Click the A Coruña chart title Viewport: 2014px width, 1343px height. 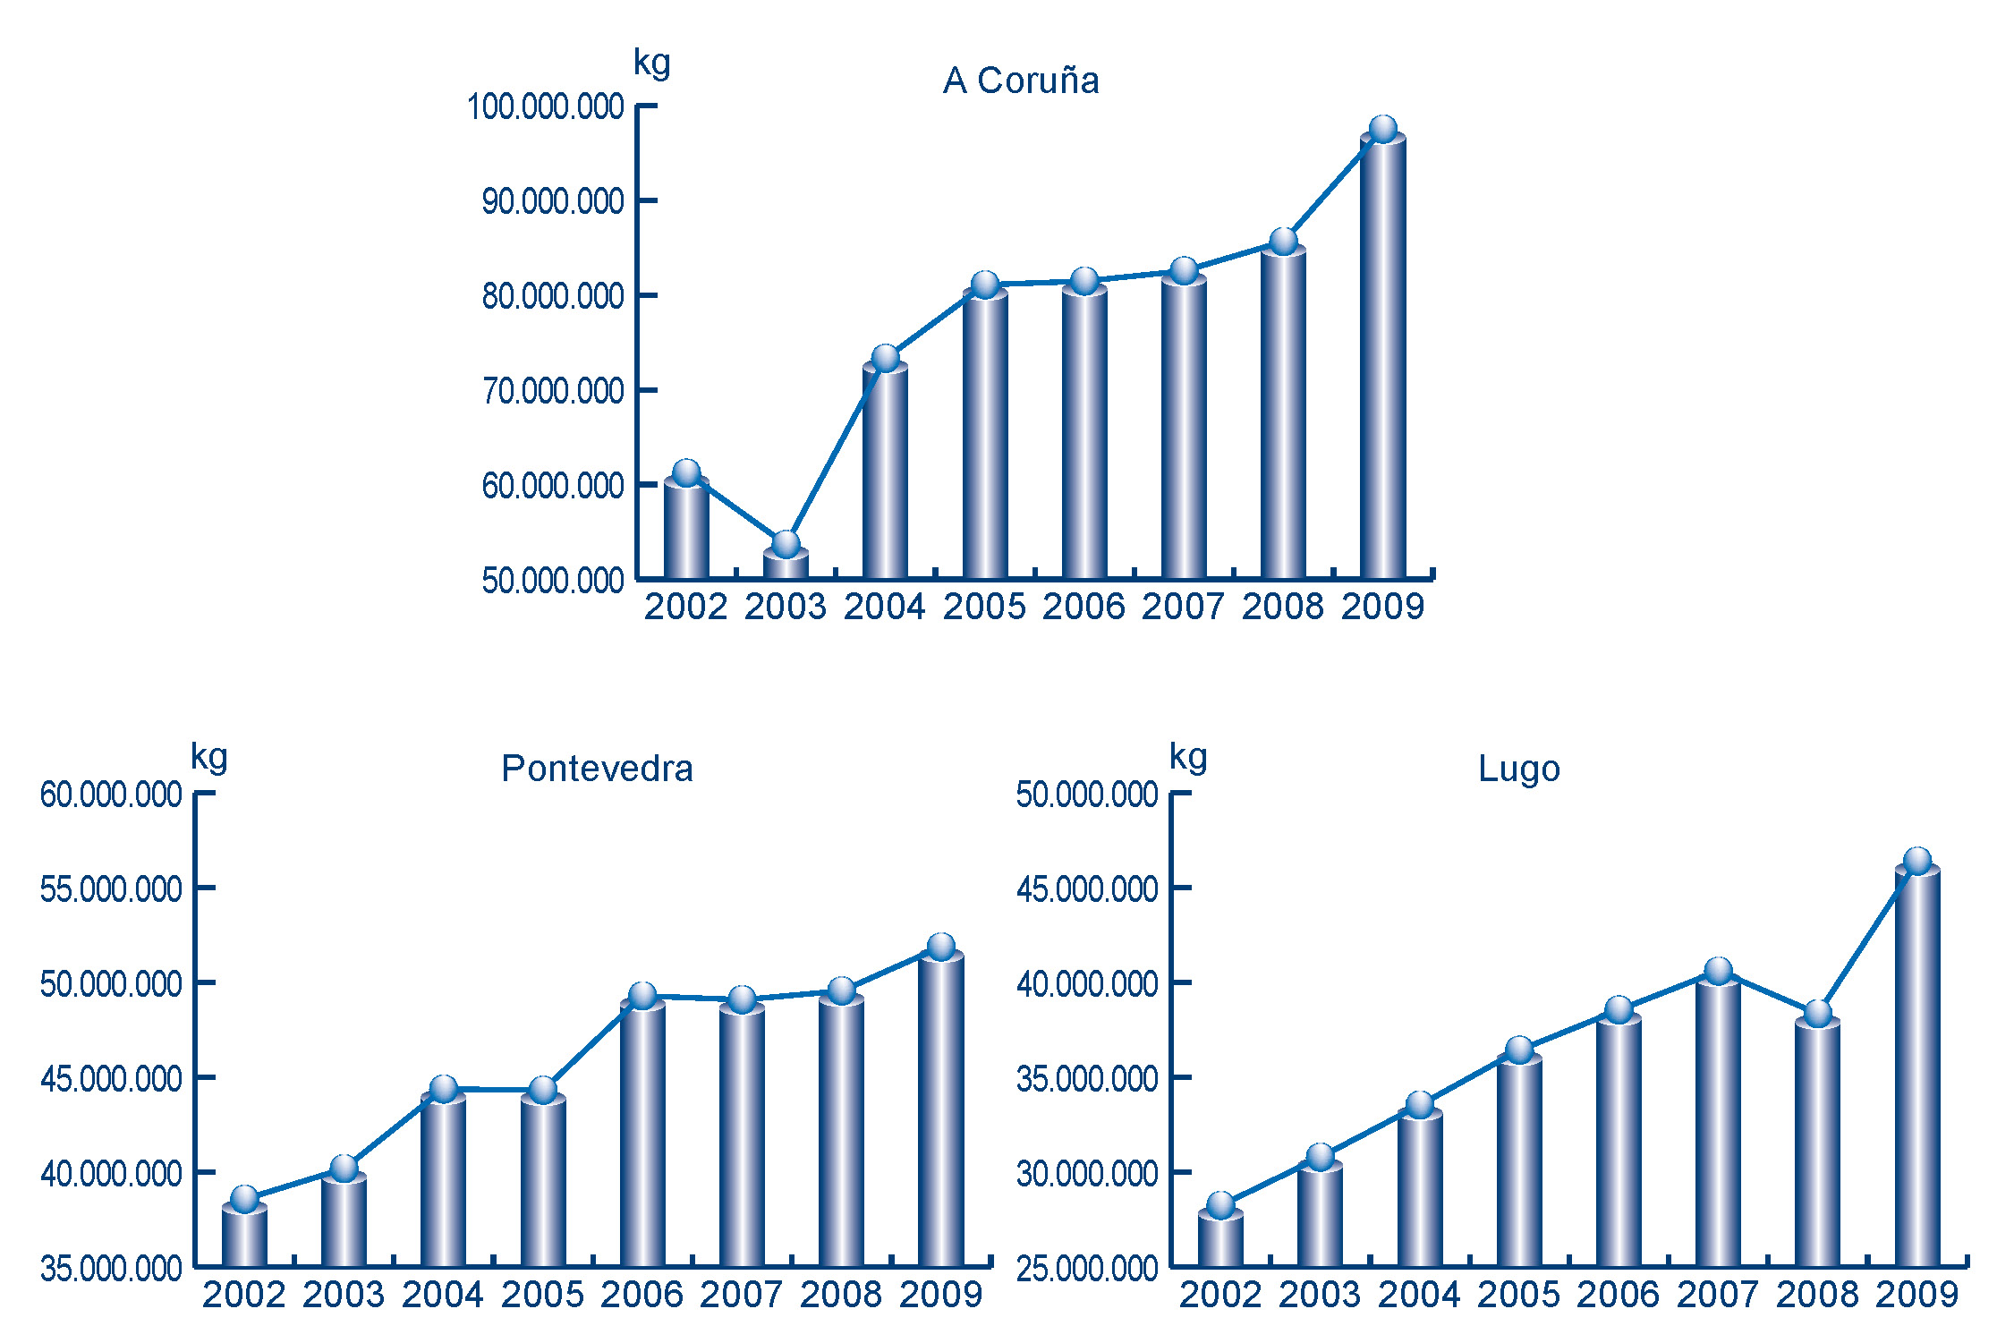pyautogui.click(x=1021, y=81)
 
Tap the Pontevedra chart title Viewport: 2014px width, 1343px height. pyautogui.click(x=597, y=769)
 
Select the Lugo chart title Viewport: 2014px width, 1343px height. pyautogui.click(x=1518, y=769)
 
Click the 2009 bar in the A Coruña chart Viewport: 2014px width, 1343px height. pyautogui.click(x=1382, y=358)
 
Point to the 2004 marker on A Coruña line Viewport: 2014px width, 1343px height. pyautogui.click(x=885, y=358)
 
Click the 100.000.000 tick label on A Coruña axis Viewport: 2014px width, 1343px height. pyautogui.click(x=545, y=106)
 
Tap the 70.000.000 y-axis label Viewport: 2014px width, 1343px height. pyautogui.click(x=552, y=391)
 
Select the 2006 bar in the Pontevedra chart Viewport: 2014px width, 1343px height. pyautogui.click(x=642, y=1132)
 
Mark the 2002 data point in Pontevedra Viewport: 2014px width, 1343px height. pyautogui.click(x=244, y=1199)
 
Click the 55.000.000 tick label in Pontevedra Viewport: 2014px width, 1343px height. pyautogui.click(x=111, y=889)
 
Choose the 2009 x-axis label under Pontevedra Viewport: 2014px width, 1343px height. pyautogui.click(x=940, y=1295)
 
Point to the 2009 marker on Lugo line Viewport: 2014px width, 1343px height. pyautogui.click(x=1916, y=861)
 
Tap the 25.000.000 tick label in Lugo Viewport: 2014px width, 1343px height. pyautogui.click(x=1087, y=1269)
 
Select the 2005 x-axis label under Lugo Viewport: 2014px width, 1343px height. pyautogui.click(x=1518, y=1295)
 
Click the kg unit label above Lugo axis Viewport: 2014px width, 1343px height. pyautogui.click(x=1188, y=757)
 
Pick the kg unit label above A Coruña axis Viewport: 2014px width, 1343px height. pyautogui.click(x=651, y=63)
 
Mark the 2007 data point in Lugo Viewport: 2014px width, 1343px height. pyautogui.click(x=1718, y=971)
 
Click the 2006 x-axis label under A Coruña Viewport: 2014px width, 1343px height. pyautogui.click(x=1083, y=607)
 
